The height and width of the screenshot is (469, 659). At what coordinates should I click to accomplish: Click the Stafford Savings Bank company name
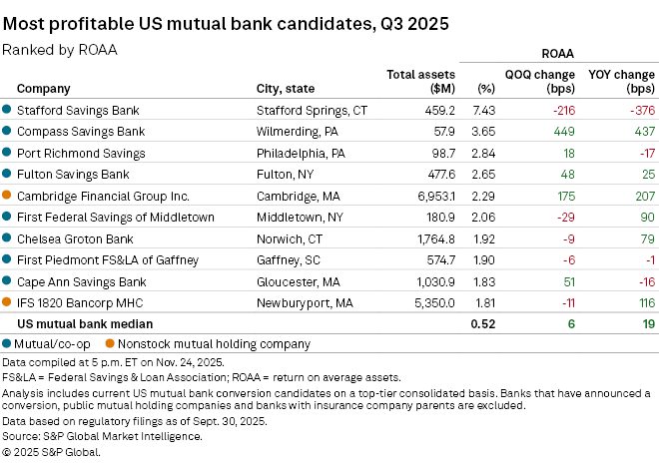(x=77, y=110)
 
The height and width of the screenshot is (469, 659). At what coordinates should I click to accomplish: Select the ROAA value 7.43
(x=483, y=110)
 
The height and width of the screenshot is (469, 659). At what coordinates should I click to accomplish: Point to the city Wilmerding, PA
(x=299, y=131)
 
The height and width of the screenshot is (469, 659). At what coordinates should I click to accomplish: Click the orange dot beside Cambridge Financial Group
(x=7, y=196)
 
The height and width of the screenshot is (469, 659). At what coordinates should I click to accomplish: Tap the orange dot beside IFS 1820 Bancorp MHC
(x=7, y=302)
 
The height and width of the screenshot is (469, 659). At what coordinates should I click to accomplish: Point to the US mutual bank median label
(x=85, y=323)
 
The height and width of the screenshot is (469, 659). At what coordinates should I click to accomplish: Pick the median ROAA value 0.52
(x=483, y=323)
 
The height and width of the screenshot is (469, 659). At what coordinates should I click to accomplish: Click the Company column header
(x=43, y=88)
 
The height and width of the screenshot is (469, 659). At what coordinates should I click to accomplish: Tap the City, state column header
(x=291, y=88)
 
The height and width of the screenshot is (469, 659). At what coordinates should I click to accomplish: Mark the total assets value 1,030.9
(x=431, y=281)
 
